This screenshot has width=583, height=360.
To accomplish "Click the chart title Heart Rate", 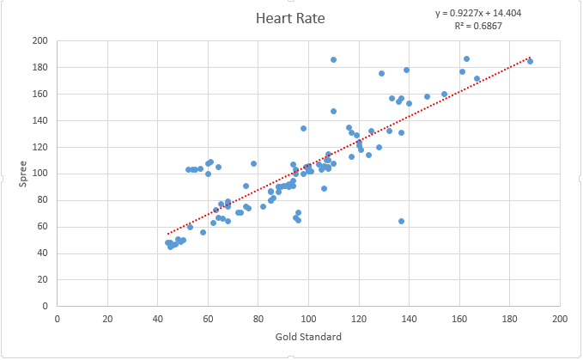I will tap(290, 18).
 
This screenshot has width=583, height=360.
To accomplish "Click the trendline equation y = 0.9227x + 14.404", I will tap(478, 13).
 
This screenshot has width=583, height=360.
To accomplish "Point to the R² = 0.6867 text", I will tap(478, 26).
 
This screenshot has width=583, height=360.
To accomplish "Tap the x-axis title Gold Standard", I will tap(308, 336).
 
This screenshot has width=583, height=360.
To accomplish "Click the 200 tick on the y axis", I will tap(40, 41).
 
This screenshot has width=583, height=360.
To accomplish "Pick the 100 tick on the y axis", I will tap(40, 174).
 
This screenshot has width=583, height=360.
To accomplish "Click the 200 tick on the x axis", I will tap(560, 318).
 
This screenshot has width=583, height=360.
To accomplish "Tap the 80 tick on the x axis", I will tap(258, 318).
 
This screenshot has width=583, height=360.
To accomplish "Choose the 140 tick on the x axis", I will tap(409, 318).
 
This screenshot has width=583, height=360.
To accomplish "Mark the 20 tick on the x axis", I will tap(107, 318).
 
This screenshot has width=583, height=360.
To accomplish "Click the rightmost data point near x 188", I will tap(530, 61).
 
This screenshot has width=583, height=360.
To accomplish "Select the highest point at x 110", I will tap(333, 59).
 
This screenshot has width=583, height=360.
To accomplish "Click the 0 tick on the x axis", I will tap(58, 318).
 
